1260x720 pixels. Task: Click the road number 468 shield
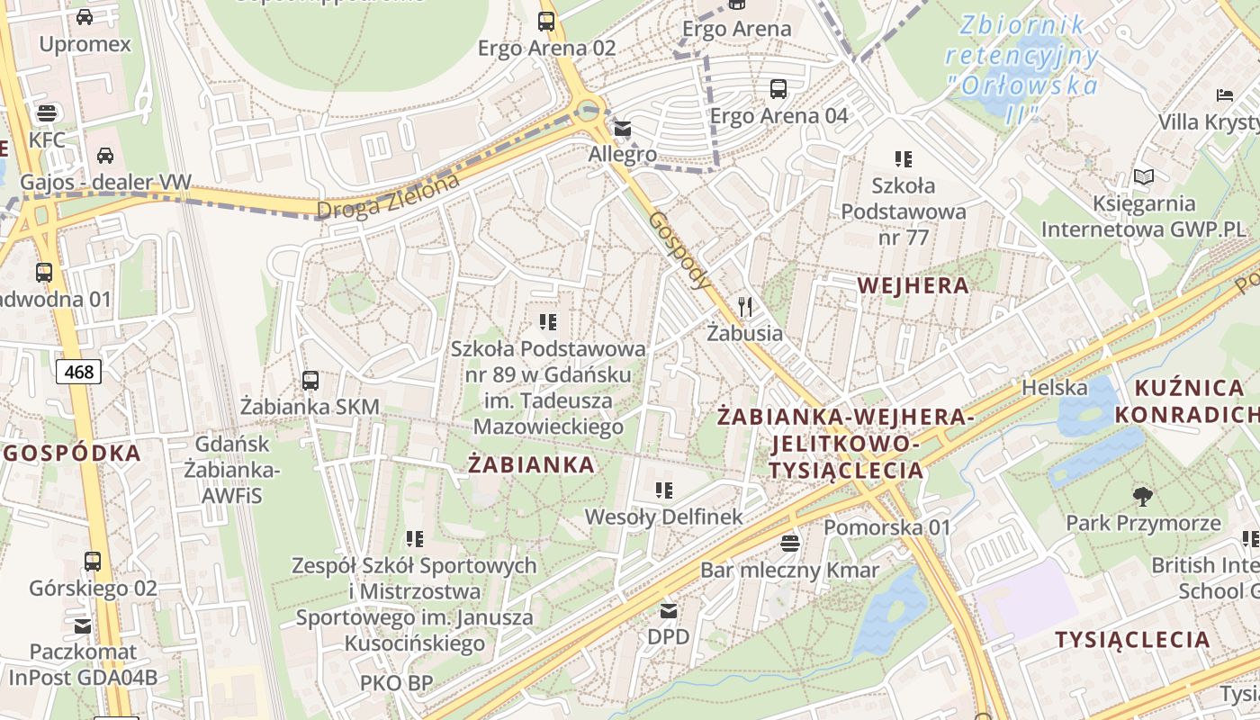[x=78, y=372]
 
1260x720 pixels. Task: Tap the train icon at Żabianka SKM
[x=310, y=381]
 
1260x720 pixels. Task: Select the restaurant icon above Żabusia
[x=744, y=307]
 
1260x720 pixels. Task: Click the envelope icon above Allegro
[x=623, y=129]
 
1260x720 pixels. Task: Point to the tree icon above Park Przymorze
[x=1142, y=496]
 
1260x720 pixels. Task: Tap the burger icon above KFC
[x=47, y=113]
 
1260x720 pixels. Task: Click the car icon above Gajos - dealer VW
[x=105, y=155]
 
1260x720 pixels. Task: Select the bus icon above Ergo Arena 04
[x=778, y=89]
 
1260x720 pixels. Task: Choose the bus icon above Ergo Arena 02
[x=546, y=22]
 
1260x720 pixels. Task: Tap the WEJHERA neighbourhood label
[x=913, y=286]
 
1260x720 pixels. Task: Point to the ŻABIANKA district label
[x=531, y=464]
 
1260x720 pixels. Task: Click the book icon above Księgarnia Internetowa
[x=1143, y=177]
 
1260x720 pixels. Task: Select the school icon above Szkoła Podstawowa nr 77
[x=904, y=159]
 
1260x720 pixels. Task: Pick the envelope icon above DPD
[x=669, y=611]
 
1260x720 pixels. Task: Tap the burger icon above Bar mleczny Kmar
[x=790, y=543]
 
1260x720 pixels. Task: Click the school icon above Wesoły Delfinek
[x=664, y=490]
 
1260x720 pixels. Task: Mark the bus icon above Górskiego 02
[x=93, y=562]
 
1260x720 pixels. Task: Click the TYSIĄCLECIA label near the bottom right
[x=1132, y=640]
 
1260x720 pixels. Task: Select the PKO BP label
[x=397, y=683]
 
